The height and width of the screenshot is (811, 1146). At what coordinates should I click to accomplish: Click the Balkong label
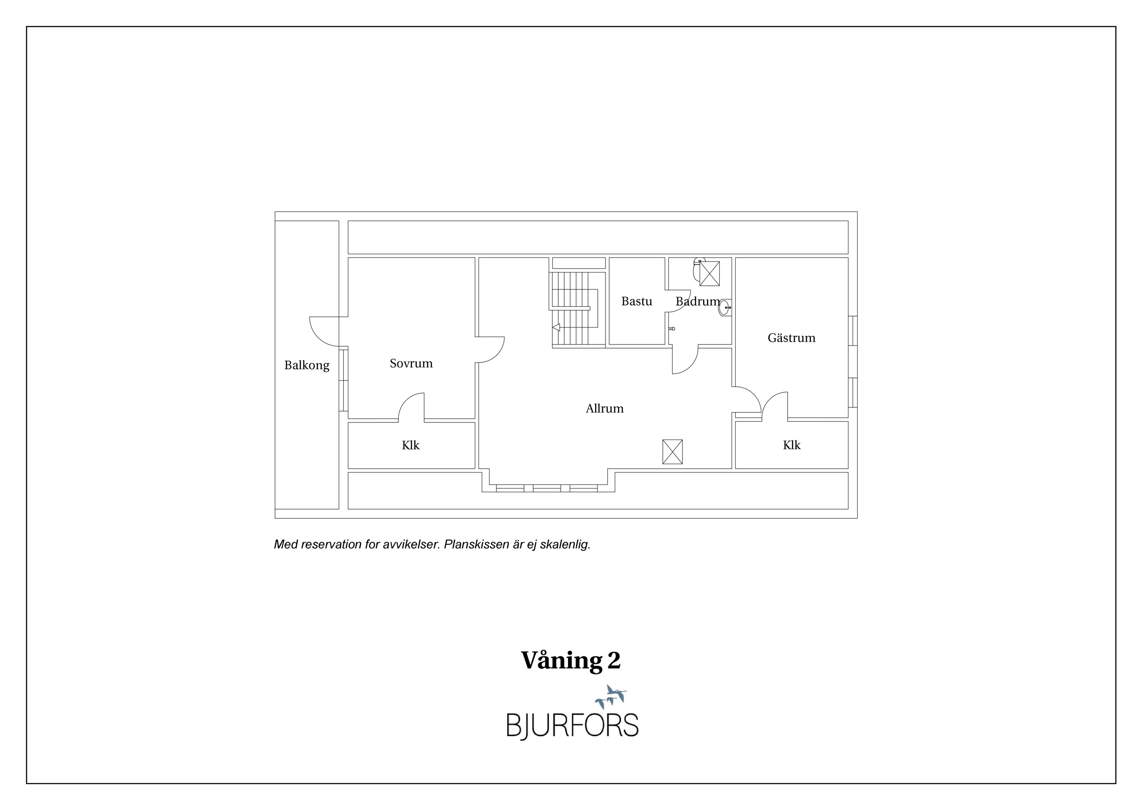[307, 366]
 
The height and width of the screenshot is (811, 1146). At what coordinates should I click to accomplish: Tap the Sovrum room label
[411, 364]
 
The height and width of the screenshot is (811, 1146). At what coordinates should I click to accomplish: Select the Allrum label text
[605, 409]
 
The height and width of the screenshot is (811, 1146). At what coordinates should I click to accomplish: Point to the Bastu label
[636, 301]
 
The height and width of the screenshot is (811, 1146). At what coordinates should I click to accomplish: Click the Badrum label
[698, 301]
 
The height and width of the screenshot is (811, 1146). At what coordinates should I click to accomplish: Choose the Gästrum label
[791, 338]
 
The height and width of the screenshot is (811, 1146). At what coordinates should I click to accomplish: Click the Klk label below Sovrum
[410, 445]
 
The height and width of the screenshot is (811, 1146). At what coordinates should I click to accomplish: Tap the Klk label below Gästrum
[791, 445]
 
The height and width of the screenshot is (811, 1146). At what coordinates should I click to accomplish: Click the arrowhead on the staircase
[556, 328]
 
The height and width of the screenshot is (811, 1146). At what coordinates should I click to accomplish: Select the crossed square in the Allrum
[672, 451]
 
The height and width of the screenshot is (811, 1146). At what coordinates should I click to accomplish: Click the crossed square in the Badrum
[709, 274]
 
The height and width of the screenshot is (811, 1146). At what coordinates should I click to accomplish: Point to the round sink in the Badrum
[724, 308]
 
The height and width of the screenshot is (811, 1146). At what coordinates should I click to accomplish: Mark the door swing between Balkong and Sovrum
[328, 332]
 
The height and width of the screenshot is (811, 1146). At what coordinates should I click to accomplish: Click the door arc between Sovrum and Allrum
[490, 350]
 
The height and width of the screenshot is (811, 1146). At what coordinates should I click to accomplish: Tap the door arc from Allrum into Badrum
[685, 360]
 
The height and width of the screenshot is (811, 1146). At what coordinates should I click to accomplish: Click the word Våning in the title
[562, 661]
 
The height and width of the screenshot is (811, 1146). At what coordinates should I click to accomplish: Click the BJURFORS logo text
[573, 726]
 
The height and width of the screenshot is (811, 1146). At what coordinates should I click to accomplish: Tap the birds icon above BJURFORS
[611, 697]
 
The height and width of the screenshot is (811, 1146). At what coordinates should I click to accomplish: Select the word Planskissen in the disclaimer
[476, 544]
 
